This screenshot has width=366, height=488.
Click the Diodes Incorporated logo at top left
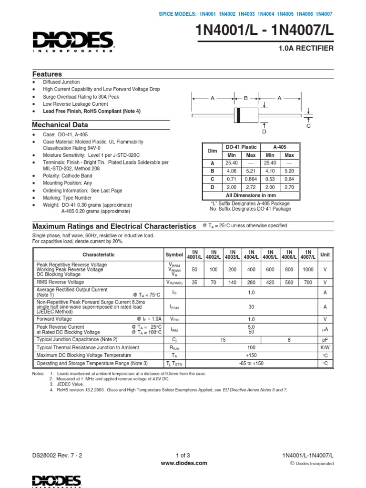click(x=72, y=41)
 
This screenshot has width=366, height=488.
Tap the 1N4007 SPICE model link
click(x=324, y=14)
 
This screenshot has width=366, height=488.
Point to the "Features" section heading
click(x=47, y=74)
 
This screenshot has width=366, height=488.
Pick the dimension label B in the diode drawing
click(x=246, y=98)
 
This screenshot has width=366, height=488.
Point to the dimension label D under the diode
click(x=264, y=131)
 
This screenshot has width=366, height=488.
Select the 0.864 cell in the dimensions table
click(x=251, y=179)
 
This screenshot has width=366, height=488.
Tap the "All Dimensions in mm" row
click(x=251, y=195)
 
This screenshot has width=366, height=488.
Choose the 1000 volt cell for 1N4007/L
click(x=308, y=269)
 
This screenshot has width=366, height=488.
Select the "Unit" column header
click(x=325, y=254)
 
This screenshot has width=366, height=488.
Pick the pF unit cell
click(x=325, y=339)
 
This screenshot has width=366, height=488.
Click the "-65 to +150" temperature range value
click(x=251, y=363)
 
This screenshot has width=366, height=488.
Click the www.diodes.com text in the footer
click(x=183, y=463)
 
